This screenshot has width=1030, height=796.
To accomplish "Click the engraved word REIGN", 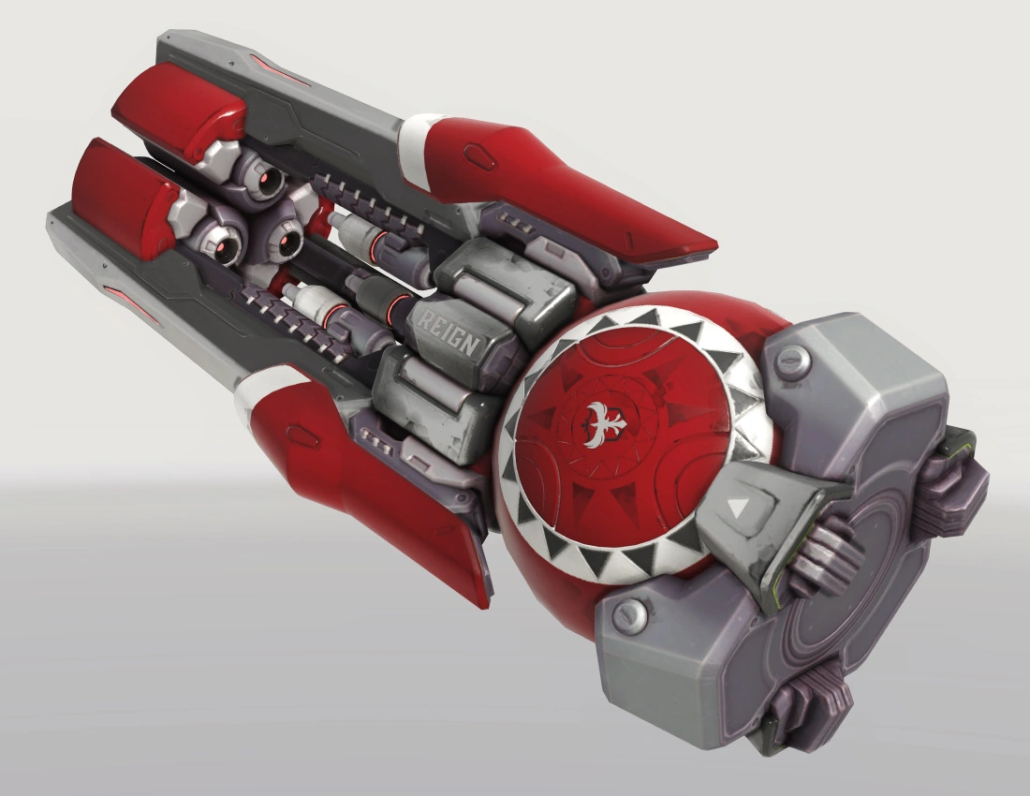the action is pyautogui.click(x=449, y=333).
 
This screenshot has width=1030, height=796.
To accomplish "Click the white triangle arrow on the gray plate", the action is pyautogui.click(x=739, y=508).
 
